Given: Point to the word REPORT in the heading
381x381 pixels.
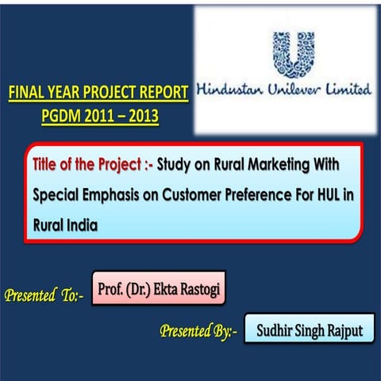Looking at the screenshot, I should (x=160, y=94).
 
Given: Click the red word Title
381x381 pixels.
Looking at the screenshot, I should (x=47, y=166).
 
